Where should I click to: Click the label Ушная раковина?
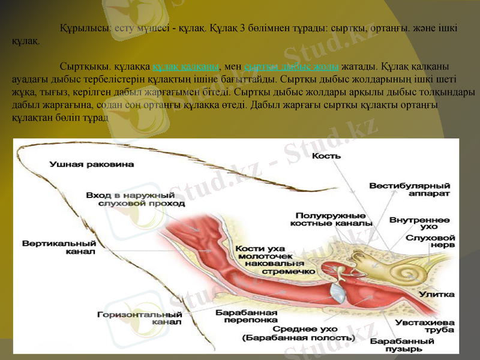[92, 163]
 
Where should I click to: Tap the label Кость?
[327, 155]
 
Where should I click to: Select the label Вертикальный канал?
[59, 248]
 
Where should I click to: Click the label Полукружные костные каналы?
[331, 219]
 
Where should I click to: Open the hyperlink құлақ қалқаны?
[186, 66]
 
